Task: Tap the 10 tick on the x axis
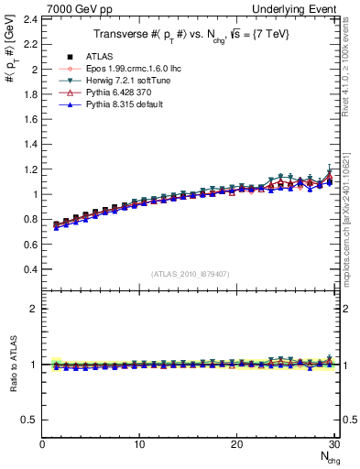tap(139, 445)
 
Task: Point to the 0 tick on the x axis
tap(42, 445)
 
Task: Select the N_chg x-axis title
tap(326, 458)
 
